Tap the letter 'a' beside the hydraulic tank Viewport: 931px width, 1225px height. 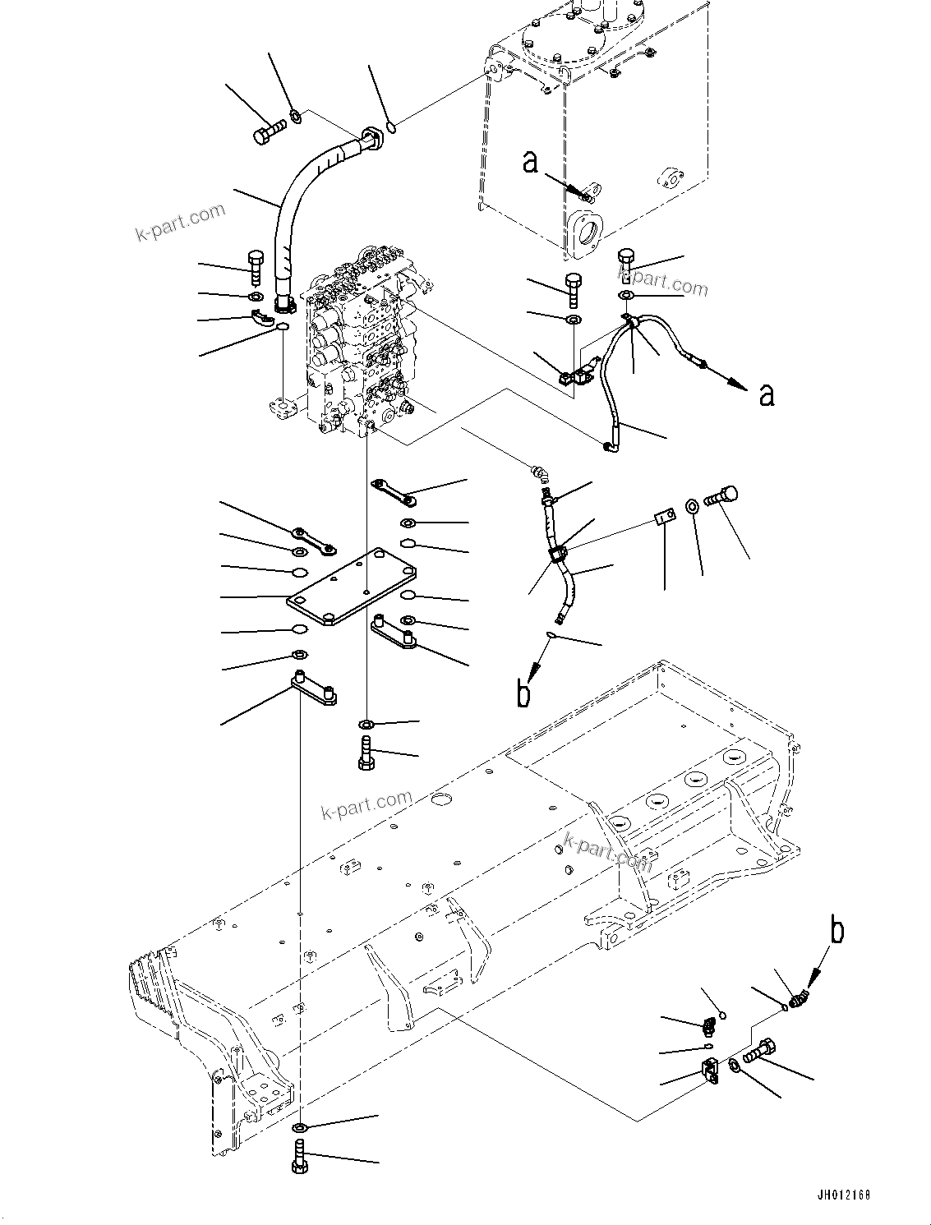(x=530, y=162)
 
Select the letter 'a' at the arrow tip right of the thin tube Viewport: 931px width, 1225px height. (x=766, y=396)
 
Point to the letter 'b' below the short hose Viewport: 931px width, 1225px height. (x=523, y=693)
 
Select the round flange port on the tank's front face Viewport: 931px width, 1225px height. (x=588, y=231)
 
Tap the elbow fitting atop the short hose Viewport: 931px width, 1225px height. (x=540, y=474)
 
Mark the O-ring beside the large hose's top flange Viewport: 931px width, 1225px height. (x=393, y=127)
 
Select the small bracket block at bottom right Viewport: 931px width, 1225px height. (x=709, y=1072)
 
